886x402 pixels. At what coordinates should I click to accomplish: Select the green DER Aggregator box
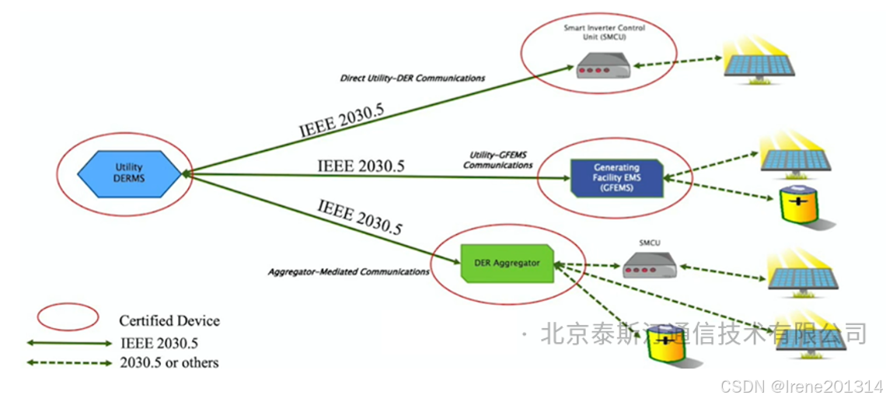tap(506, 263)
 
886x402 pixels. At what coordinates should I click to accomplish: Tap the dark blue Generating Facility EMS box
tap(616, 177)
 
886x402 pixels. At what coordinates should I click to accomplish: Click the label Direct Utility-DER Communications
tap(413, 79)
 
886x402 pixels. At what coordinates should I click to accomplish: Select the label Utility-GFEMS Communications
tap(497, 160)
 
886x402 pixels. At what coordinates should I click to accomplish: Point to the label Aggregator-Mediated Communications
tap(348, 272)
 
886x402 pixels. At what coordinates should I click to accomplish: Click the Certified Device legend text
tap(169, 320)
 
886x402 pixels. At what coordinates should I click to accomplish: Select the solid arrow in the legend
tap(69, 342)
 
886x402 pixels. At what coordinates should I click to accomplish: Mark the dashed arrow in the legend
tap(69, 362)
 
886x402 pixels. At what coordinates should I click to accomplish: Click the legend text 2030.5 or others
tap(169, 362)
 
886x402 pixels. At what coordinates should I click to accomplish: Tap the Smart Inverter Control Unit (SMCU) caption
tap(604, 32)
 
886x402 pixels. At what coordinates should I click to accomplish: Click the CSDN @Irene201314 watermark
tap(801, 386)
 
